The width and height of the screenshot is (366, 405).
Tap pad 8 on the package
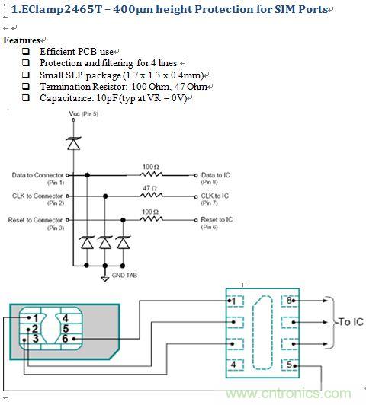point(290,301)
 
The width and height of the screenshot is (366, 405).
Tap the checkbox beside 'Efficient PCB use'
point(26,52)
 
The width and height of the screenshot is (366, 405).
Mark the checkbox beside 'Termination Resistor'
point(26,88)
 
